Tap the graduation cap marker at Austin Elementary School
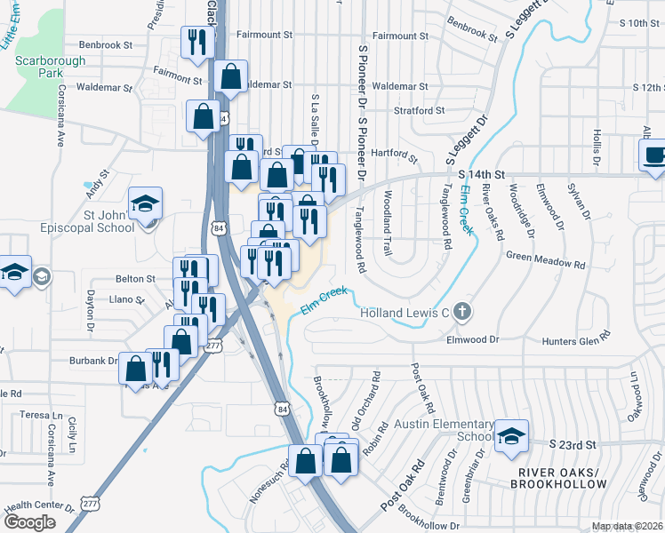tap(511, 435)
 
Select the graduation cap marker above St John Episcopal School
tap(145, 203)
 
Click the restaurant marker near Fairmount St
tap(197, 42)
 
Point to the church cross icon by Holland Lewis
tap(461, 312)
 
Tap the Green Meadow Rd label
tap(545, 265)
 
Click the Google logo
tap(29, 522)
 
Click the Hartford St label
tap(395, 155)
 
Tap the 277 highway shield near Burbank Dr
tap(213, 346)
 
